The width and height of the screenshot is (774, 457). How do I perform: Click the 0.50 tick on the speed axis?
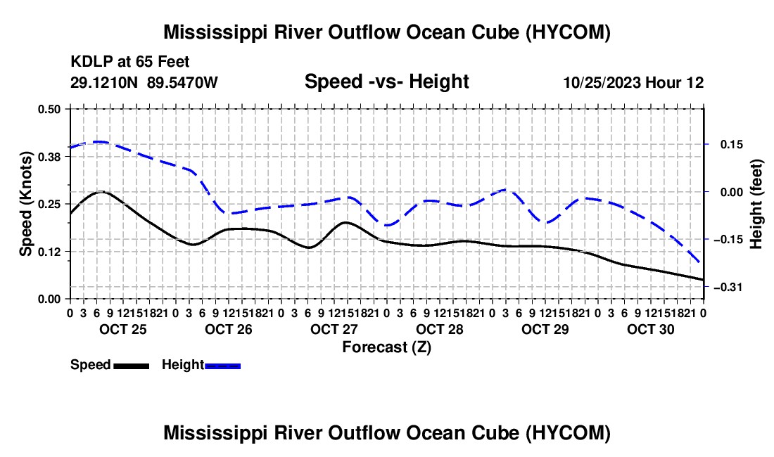point(49,109)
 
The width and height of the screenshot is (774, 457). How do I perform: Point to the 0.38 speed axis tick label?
point(49,157)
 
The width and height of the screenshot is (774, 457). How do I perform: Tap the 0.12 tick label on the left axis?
point(49,252)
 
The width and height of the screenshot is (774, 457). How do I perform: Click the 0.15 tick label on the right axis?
point(732,144)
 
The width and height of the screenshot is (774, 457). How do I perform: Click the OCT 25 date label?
point(123,329)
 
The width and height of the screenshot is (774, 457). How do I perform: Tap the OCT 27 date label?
point(334,329)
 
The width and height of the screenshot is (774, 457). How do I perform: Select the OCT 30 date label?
point(651,329)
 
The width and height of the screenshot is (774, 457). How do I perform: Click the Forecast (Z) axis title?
point(386,347)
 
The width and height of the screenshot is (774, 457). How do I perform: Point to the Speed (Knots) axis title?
point(25,204)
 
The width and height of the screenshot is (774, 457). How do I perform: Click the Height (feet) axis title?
point(756,204)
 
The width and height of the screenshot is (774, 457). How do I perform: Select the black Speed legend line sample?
point(132,366)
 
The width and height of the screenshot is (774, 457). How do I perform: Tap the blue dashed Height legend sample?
point(222,366)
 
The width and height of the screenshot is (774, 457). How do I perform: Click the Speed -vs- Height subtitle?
point(386,82)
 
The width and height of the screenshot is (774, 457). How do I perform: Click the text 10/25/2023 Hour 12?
point(633,82)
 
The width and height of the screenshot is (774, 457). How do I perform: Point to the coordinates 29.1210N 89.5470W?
point(144,82)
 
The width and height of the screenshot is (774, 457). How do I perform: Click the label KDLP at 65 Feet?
point(130,62)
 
